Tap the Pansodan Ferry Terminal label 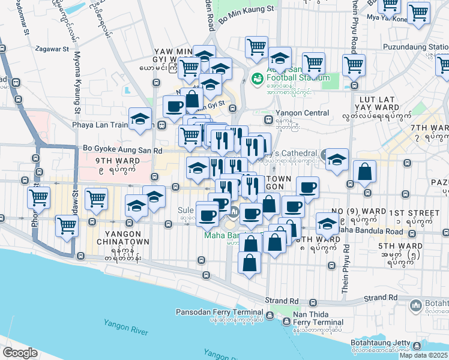[219, 312]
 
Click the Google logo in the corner [20, 352]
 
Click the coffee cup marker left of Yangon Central [175, 106]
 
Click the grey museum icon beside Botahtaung [416, 307]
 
